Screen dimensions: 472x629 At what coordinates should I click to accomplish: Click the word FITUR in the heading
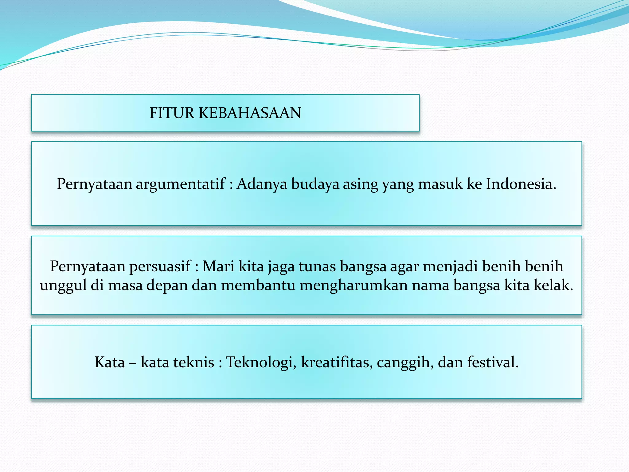172,113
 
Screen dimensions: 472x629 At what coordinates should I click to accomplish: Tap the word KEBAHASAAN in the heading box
250,113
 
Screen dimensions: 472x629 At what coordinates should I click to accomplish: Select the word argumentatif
181,184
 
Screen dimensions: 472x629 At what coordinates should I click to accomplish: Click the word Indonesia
521,184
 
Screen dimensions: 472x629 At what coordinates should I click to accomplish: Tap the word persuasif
160,266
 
